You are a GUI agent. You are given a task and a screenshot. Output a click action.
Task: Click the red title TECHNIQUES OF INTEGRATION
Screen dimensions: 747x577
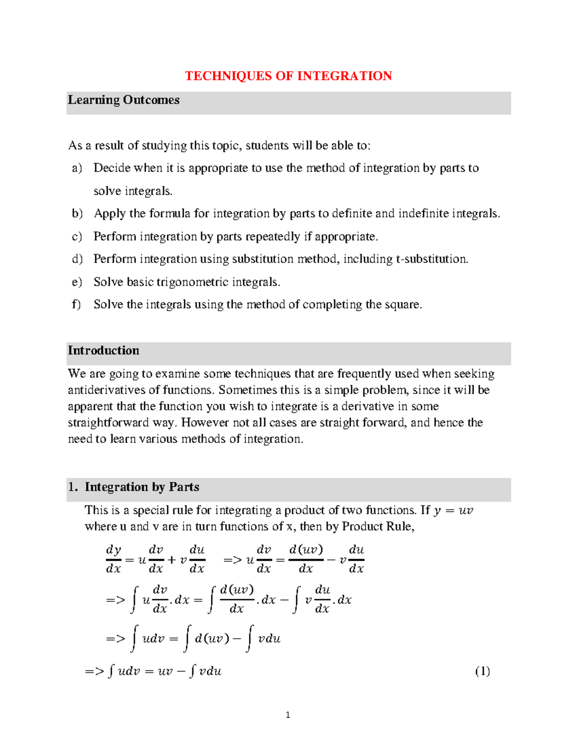288,76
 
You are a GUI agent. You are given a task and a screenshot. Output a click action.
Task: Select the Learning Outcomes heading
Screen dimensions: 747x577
124,100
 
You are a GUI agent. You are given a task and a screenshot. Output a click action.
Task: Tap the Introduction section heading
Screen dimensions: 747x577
103,351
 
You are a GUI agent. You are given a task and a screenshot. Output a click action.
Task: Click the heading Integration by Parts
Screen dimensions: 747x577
142,487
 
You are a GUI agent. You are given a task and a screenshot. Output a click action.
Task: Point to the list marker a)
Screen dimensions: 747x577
77,168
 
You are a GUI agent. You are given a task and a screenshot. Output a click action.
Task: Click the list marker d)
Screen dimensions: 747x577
77,259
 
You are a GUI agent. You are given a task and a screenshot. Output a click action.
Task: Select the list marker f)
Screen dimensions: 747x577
76,304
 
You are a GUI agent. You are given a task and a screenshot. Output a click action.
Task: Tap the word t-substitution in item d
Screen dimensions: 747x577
431,259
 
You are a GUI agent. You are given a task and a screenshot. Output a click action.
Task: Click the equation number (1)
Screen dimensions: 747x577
482,671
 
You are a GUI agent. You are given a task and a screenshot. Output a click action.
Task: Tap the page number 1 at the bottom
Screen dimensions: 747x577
288,715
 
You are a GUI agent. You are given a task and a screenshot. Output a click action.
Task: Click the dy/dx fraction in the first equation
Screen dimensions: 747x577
113,559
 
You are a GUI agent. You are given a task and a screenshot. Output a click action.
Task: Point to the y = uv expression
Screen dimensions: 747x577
453,511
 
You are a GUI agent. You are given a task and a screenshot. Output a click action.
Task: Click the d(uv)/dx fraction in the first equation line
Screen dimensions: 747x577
306,559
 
